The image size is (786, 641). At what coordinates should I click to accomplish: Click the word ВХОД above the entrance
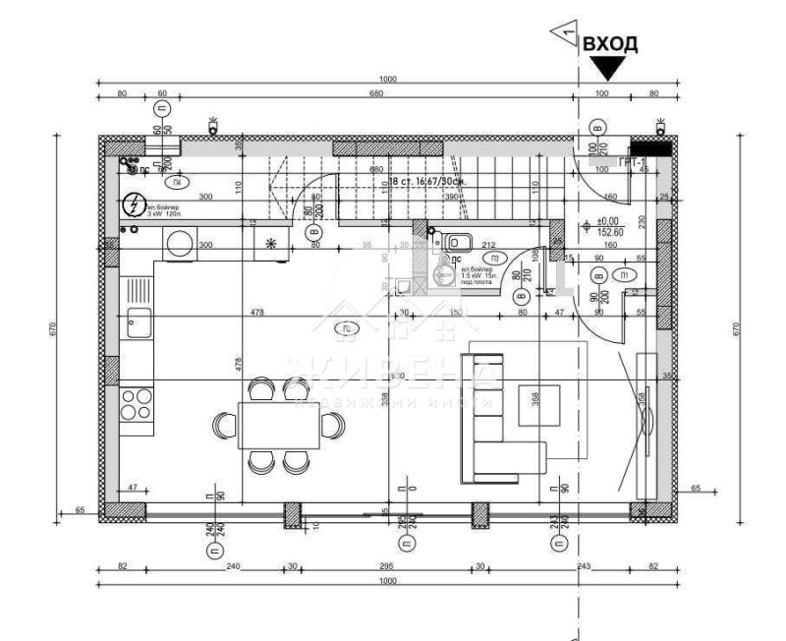(x=610, y=44)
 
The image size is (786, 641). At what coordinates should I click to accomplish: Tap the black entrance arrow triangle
(x=608, y=68)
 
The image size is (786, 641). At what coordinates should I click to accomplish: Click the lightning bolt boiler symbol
(x=133, y=205)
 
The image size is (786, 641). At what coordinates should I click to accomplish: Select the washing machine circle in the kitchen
(x=181, y=243)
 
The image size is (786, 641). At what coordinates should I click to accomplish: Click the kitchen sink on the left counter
(x=137, y=321)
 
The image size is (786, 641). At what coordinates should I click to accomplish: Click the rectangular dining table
(x=278, y=425)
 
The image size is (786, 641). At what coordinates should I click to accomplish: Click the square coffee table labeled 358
(x=538, y=402)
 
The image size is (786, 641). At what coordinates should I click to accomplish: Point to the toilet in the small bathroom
(x=459, y=243)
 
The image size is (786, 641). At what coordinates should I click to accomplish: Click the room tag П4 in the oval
(x=176, y=184)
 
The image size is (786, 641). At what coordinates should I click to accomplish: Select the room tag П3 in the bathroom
(x=508, y=258)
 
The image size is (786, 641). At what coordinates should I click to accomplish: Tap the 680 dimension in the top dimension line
(x=374, y=93)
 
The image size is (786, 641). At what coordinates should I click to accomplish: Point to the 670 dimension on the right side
(x=737, y=331)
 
